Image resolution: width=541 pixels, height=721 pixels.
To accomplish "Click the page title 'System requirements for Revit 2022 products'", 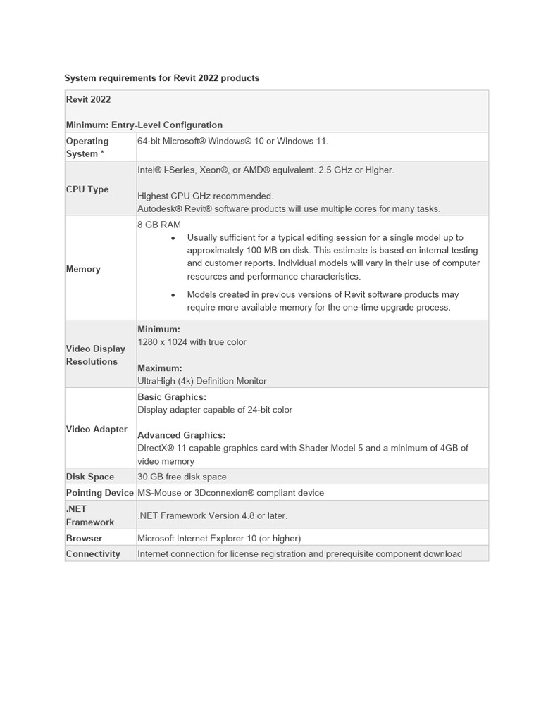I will click(162, 78).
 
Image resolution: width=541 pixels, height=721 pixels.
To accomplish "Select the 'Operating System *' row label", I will click(87, 147).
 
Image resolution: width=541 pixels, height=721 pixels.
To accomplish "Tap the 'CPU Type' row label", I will click(87, 189).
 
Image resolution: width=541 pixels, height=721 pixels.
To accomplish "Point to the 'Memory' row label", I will click(83, 269).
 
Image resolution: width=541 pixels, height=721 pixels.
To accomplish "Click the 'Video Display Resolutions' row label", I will click(95, 355).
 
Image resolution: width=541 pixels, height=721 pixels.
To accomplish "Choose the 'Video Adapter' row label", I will click(97, 429).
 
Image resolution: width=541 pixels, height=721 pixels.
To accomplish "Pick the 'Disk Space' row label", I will click(91, 477).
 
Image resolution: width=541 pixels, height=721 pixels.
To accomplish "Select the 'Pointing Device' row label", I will click(99, 493).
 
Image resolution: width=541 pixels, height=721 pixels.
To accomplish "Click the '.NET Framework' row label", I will click(89, 515).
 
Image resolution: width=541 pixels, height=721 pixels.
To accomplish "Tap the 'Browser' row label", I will click(84, 538).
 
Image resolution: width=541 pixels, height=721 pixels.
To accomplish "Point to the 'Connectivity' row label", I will click(93, 553).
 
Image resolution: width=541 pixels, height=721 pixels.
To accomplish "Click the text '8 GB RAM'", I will click(159, 225).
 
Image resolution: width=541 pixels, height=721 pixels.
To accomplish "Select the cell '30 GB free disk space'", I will click(182, 477).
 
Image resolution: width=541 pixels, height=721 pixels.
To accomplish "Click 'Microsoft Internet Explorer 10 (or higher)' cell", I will click(219, 538).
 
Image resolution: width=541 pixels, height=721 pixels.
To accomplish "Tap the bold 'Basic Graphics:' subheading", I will click(172, 397).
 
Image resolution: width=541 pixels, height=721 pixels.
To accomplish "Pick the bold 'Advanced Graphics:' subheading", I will click(181, 435).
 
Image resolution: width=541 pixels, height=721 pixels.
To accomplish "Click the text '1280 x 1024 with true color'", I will click(192, 342).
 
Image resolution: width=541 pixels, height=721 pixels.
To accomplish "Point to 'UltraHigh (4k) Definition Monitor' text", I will click(201, 381).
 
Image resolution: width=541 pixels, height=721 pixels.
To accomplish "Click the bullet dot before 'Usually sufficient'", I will click(173, 238).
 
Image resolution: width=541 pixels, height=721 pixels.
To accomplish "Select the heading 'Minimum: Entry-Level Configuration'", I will click(144, 125).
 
